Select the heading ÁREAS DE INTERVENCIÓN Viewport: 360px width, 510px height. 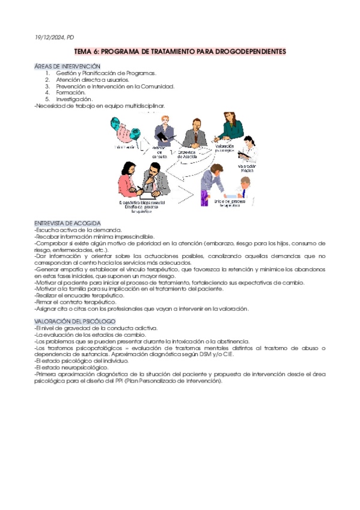(67, 66)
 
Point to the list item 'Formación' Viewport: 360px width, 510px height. (70, 93)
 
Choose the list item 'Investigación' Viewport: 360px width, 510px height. (75, 99)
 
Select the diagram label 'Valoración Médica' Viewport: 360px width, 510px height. (246, 168)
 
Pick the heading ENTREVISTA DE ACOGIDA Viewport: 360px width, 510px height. (67, 223)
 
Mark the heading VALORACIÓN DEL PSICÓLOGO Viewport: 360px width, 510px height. (70, 322)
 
